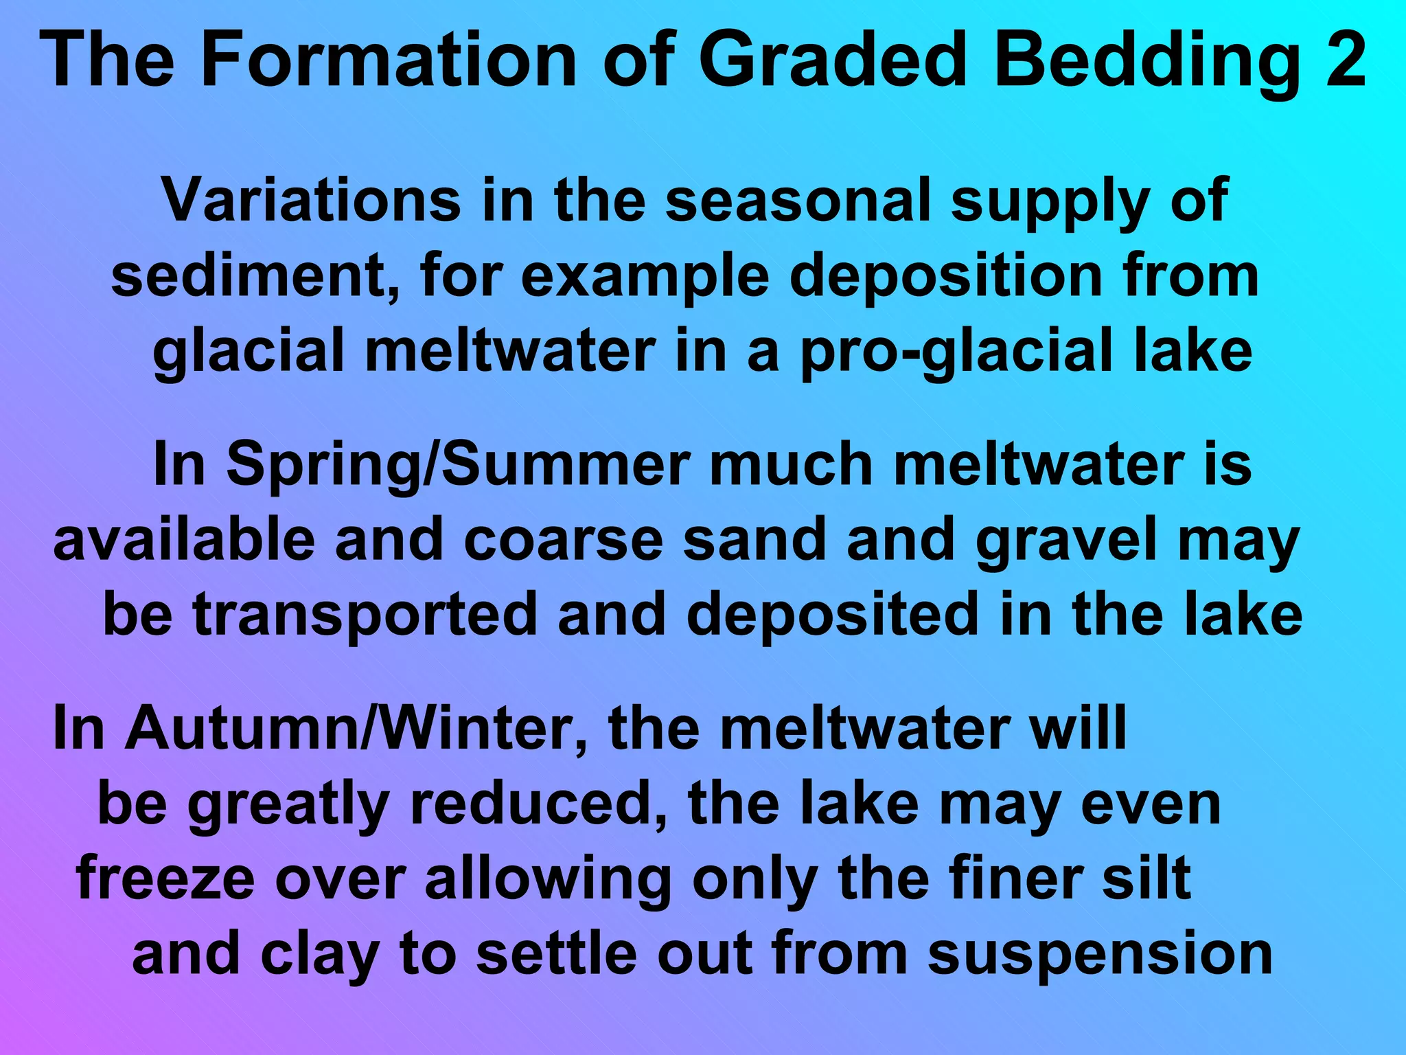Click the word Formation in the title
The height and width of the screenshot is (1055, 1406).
(389, 60)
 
